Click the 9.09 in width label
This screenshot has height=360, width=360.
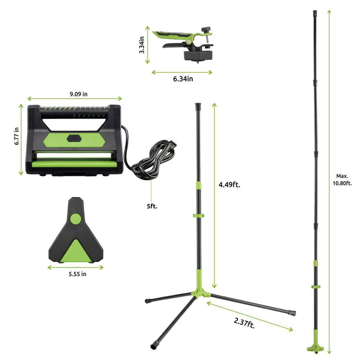(x=78, y=94)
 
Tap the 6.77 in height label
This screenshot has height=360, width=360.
(x=17, y=136)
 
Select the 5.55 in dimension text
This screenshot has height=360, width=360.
(x=77, y=274)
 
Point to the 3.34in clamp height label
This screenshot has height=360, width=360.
(x=141, y=45)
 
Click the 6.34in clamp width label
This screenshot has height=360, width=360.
(x=183, y=79)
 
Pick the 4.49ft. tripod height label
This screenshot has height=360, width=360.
(x=229, y=185)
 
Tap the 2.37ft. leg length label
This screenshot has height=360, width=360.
(x=244, y=323)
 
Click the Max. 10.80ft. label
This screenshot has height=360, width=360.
(x=342, y=180)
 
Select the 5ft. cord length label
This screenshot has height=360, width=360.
(x=152, y=206)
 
